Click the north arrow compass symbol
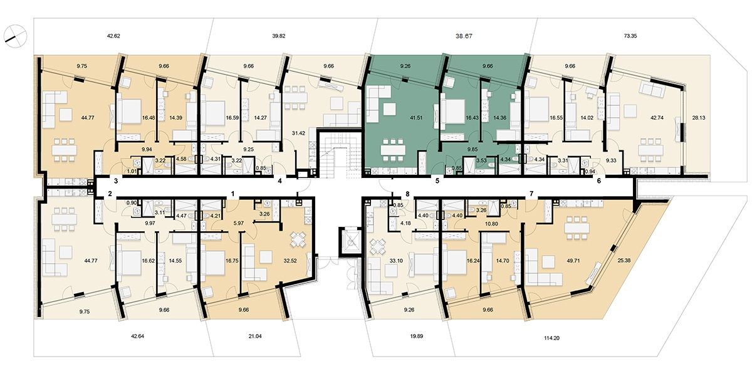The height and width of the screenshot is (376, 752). click(x=15, y=35)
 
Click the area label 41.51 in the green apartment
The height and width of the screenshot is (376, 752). click(x=416, y=118)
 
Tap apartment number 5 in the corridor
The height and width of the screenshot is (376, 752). click(x=437, y=181)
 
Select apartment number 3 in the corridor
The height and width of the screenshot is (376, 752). click(x=116, y=181)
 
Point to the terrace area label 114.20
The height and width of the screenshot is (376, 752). click(x=551, y=338)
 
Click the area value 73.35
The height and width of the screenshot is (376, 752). click(x=630, y=36)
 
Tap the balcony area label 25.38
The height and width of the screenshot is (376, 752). click(x=624, y=260)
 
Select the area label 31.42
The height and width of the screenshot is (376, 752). click(x=298, y=133)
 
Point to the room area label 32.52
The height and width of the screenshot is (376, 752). click(x=290, y=261)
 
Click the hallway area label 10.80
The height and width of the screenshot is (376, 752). click(x=491, y=223)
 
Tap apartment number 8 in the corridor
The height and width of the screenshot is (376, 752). click(x=407, y=194)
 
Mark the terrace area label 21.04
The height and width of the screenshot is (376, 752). click(x=255, y=336)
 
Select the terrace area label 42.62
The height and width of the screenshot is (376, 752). click(x=113, y=36)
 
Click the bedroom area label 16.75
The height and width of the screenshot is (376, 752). click(x=232, y=261)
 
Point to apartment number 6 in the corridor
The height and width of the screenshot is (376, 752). click(x=599, y=181)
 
